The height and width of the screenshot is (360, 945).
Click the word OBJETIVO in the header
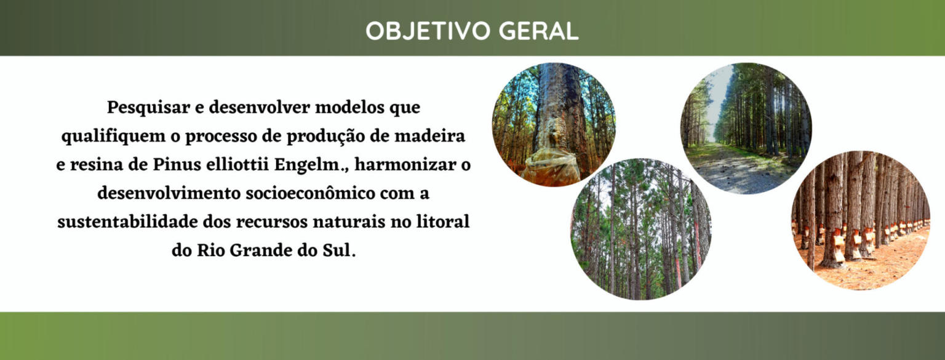point(428,31)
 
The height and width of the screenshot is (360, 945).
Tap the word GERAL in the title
point(539,31)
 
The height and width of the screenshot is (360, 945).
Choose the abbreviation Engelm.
point(309,165)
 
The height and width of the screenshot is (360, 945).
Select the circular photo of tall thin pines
point(641,229)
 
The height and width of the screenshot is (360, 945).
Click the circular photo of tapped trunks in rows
point(861,220)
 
